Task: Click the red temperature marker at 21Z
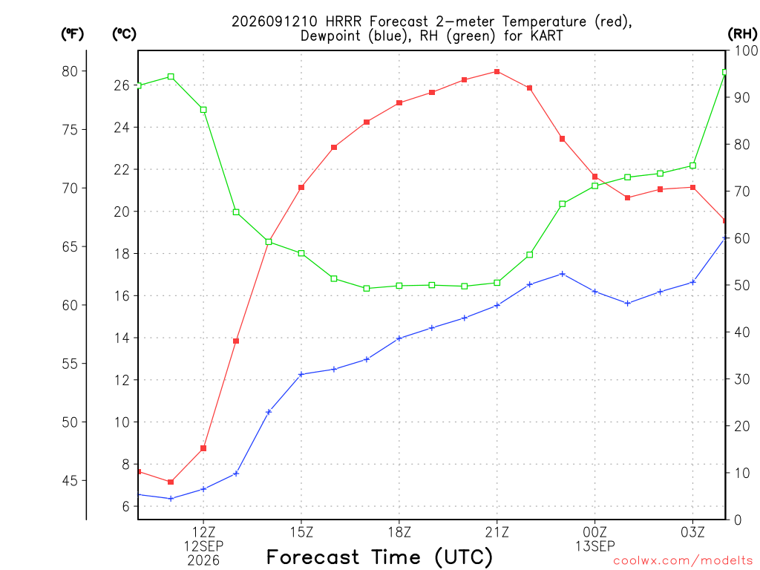[497, 72]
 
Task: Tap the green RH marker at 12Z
[203, 110]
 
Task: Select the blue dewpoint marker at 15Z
[301, 374]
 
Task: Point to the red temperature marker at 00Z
[594, 177]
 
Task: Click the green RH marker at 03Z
[692, 166]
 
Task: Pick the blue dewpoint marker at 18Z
[399, 338]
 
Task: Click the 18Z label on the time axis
[399, 533]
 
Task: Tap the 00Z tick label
[594, 533]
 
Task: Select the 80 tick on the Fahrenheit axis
[70, 71]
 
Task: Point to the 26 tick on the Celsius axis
[122, 85]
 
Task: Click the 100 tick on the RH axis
[746, 50]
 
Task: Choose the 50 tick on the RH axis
[741, 286]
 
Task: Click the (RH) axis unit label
[742, 33]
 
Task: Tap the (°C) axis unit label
[124, 33]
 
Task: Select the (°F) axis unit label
[72, 33]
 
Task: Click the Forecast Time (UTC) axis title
[379, 557]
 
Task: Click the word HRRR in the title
[344, 22]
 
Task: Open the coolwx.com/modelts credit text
[683, 561]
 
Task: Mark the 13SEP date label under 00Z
[594, 546]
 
